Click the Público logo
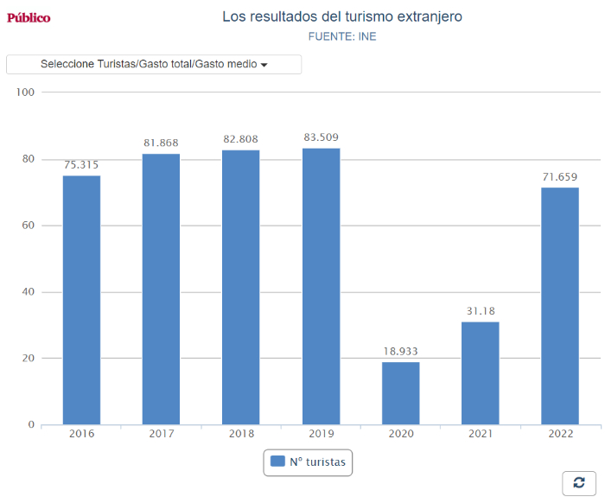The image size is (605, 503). (29, 17)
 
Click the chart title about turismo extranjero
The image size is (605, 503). (342, 16)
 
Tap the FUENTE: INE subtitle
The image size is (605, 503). (342, 36)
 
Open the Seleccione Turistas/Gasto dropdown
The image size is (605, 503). (154, 64)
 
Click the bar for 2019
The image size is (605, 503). (321, 286)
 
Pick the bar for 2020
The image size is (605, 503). (400, 393)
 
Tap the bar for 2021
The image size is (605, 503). (480, 372)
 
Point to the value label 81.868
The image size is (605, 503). (161, 143)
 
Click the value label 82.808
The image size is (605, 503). (240, 139)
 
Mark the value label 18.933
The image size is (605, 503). (400, 351)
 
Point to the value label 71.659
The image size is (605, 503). (560, 176)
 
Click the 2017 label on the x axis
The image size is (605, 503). (161, 434)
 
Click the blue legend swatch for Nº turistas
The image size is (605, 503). (277, 462)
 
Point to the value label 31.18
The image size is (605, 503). (480, 311)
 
